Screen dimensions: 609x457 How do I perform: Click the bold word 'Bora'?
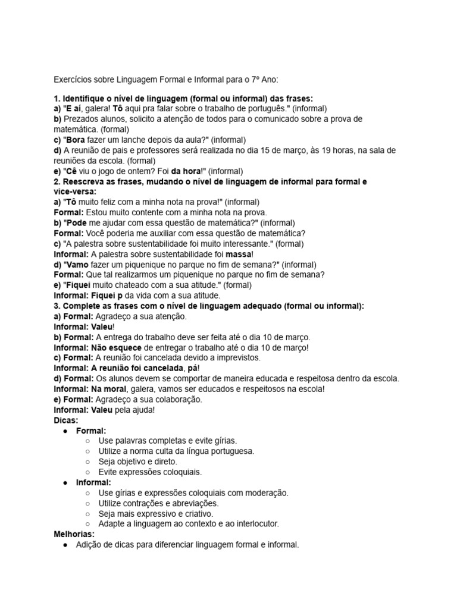pos(76,140)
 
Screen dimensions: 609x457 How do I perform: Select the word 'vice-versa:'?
pos(74,192)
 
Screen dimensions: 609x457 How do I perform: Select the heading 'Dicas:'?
pos(65,420)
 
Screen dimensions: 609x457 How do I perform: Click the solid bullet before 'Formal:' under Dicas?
pos(65,431)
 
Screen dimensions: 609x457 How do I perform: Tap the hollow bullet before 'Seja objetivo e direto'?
pos(87,462)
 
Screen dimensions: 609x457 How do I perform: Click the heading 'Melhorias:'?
pos(74,534)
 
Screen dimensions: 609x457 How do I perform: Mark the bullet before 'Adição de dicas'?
pos(65,545)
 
